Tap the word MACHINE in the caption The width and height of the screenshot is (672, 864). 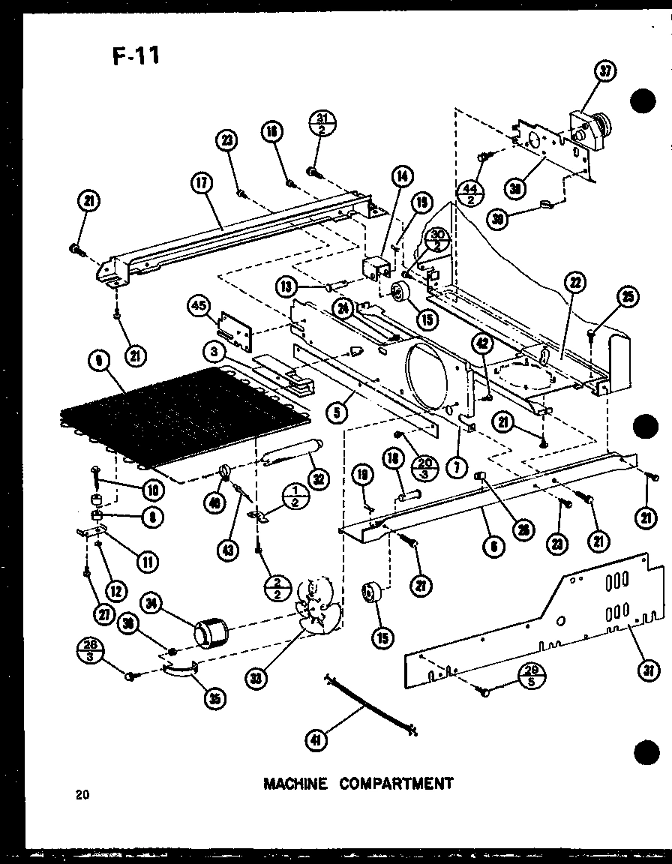(295, 784)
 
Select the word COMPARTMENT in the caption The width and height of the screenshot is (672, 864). (396, 784)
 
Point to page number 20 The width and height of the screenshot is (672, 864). (82, 795)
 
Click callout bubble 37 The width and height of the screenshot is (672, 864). (605, 72)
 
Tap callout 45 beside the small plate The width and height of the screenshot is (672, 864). (198, 306)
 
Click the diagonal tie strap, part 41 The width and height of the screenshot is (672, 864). (370, 704)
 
